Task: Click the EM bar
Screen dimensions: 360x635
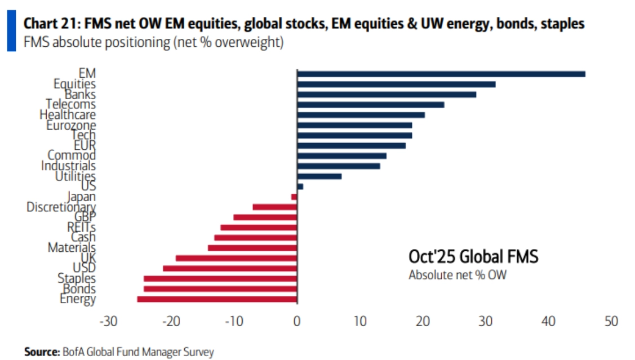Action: [x=441, y=74]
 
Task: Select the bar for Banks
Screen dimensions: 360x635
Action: [x=387, y=95]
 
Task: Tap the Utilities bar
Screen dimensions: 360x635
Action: [x=319, y=176]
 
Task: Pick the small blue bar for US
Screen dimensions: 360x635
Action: [x=300, y=186]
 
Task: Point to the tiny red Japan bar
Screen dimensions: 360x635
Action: [x=294, y=197]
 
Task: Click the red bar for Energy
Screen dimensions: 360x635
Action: [x=217, y=299]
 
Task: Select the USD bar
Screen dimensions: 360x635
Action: [x=230, y=268]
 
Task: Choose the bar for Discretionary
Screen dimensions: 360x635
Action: [x=274, y=207]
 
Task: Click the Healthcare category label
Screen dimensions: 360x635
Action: [x=68, y=115]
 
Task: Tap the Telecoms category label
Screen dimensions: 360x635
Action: [x=71, y=105]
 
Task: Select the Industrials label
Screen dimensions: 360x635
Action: [x=68, y=166]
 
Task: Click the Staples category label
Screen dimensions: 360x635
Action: [x=77, y=278]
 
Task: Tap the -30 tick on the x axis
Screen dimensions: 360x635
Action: [x=108, y=322]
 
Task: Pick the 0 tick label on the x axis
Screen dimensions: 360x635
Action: [x=297, y=322]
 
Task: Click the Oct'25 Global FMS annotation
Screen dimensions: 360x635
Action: [x=473, y=257]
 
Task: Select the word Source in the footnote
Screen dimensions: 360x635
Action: [x=41, y=352]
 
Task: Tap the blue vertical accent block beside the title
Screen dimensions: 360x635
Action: [x=11, y=31]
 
